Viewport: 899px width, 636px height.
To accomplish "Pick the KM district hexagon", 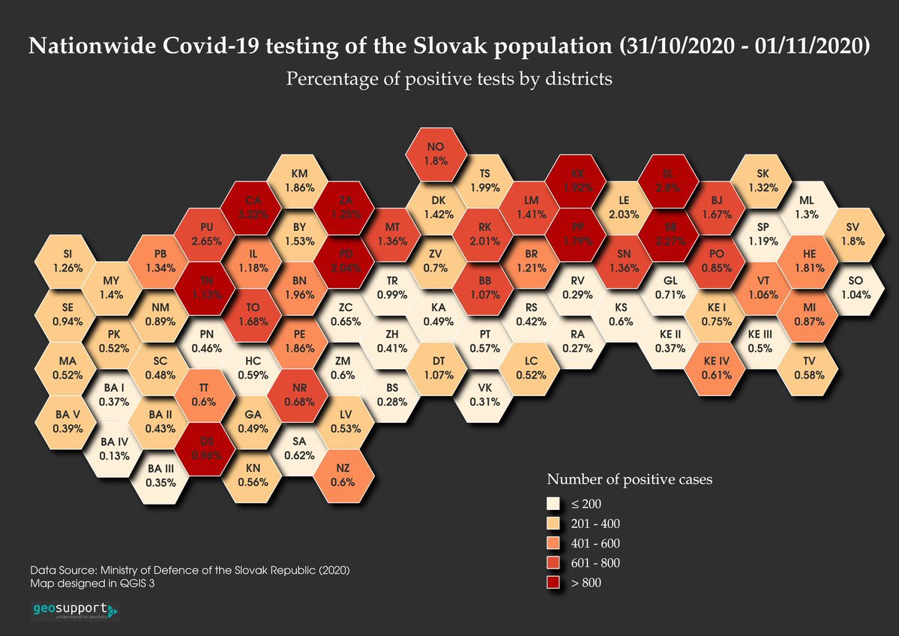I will coord(299,181).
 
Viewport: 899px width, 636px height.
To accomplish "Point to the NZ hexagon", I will coord(343,475).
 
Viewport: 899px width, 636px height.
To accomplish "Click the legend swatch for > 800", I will coord(553,582).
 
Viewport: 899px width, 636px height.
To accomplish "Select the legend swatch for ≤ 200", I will coord(553,503).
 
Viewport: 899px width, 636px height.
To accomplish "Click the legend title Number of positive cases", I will coord(629,478).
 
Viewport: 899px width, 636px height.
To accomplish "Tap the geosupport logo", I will coord(74,610).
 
